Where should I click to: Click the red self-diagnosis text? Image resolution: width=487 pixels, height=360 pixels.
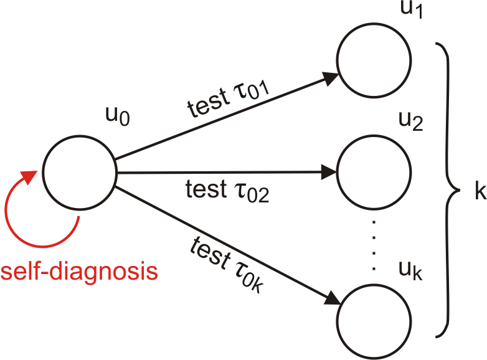(78, 272)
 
